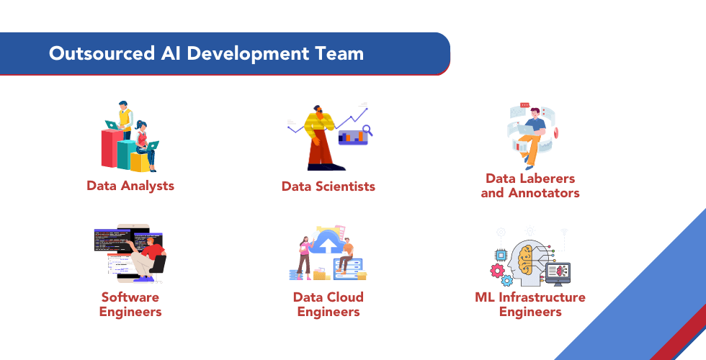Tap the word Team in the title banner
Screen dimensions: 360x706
point(339,54)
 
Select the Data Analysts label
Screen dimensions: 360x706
point(130,186)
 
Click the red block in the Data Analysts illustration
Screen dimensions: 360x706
point(110,149)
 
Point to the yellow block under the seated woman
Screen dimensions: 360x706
point(140,163)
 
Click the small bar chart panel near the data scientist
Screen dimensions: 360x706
point(352,135)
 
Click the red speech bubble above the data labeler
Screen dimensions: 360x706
point(524,106)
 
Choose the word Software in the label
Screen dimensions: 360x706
point(130,297)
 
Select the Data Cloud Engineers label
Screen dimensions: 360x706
point(328,305)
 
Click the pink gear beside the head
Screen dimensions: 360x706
point(496,271)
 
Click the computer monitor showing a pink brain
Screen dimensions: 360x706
point(558,271)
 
